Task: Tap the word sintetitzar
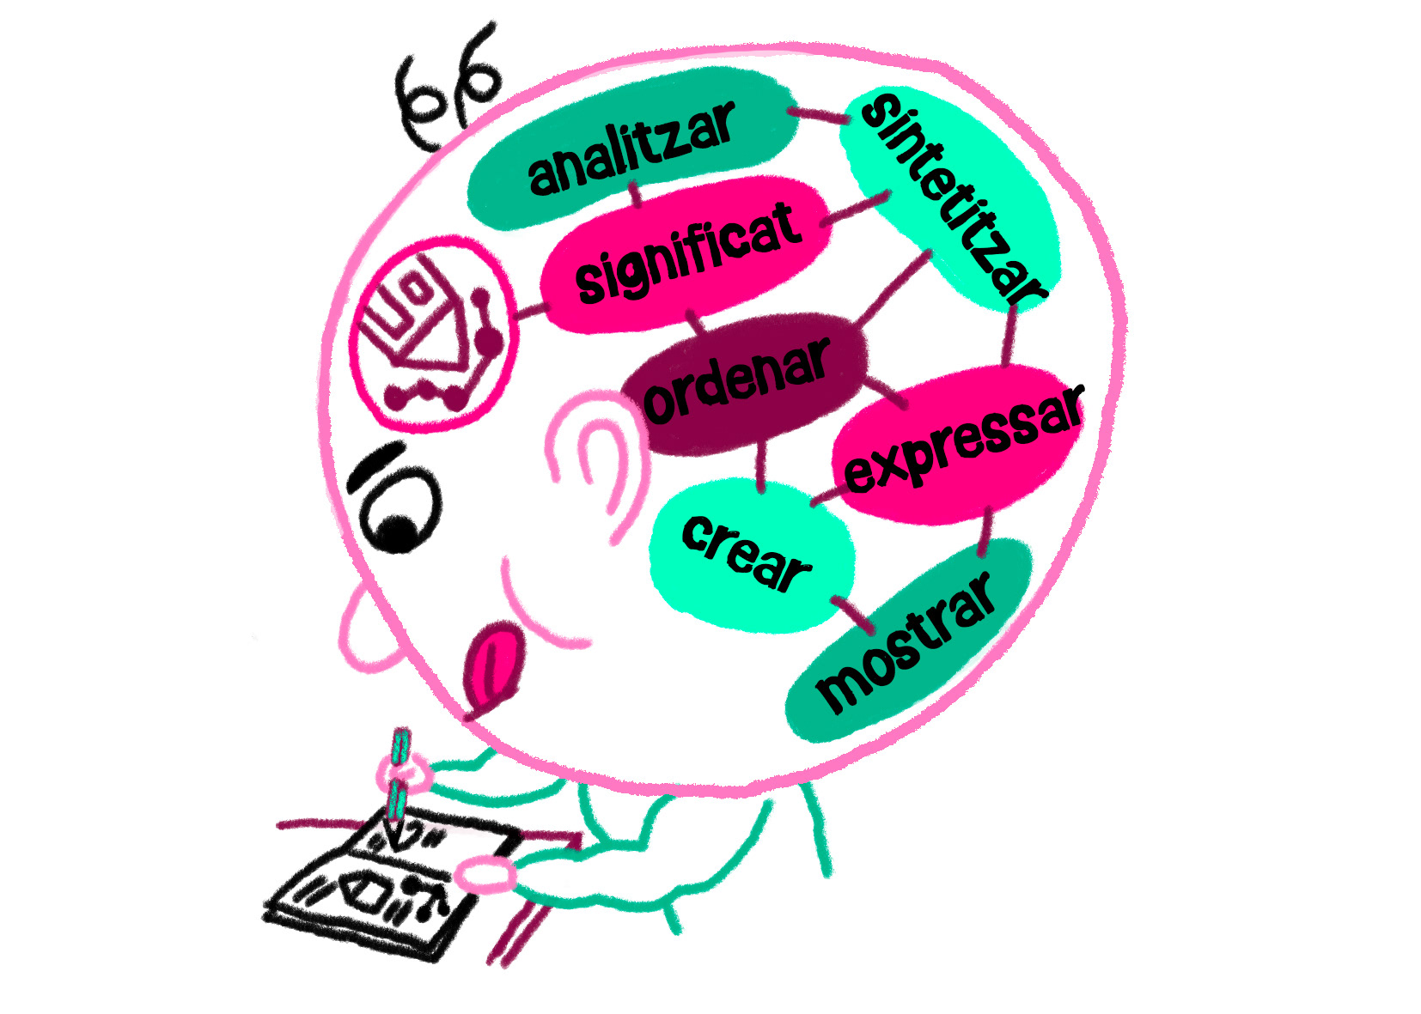point(952,197)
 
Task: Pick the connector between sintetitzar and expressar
point(1010,335)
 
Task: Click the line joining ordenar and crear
point(761,468)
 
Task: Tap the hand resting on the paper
point(485,876)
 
